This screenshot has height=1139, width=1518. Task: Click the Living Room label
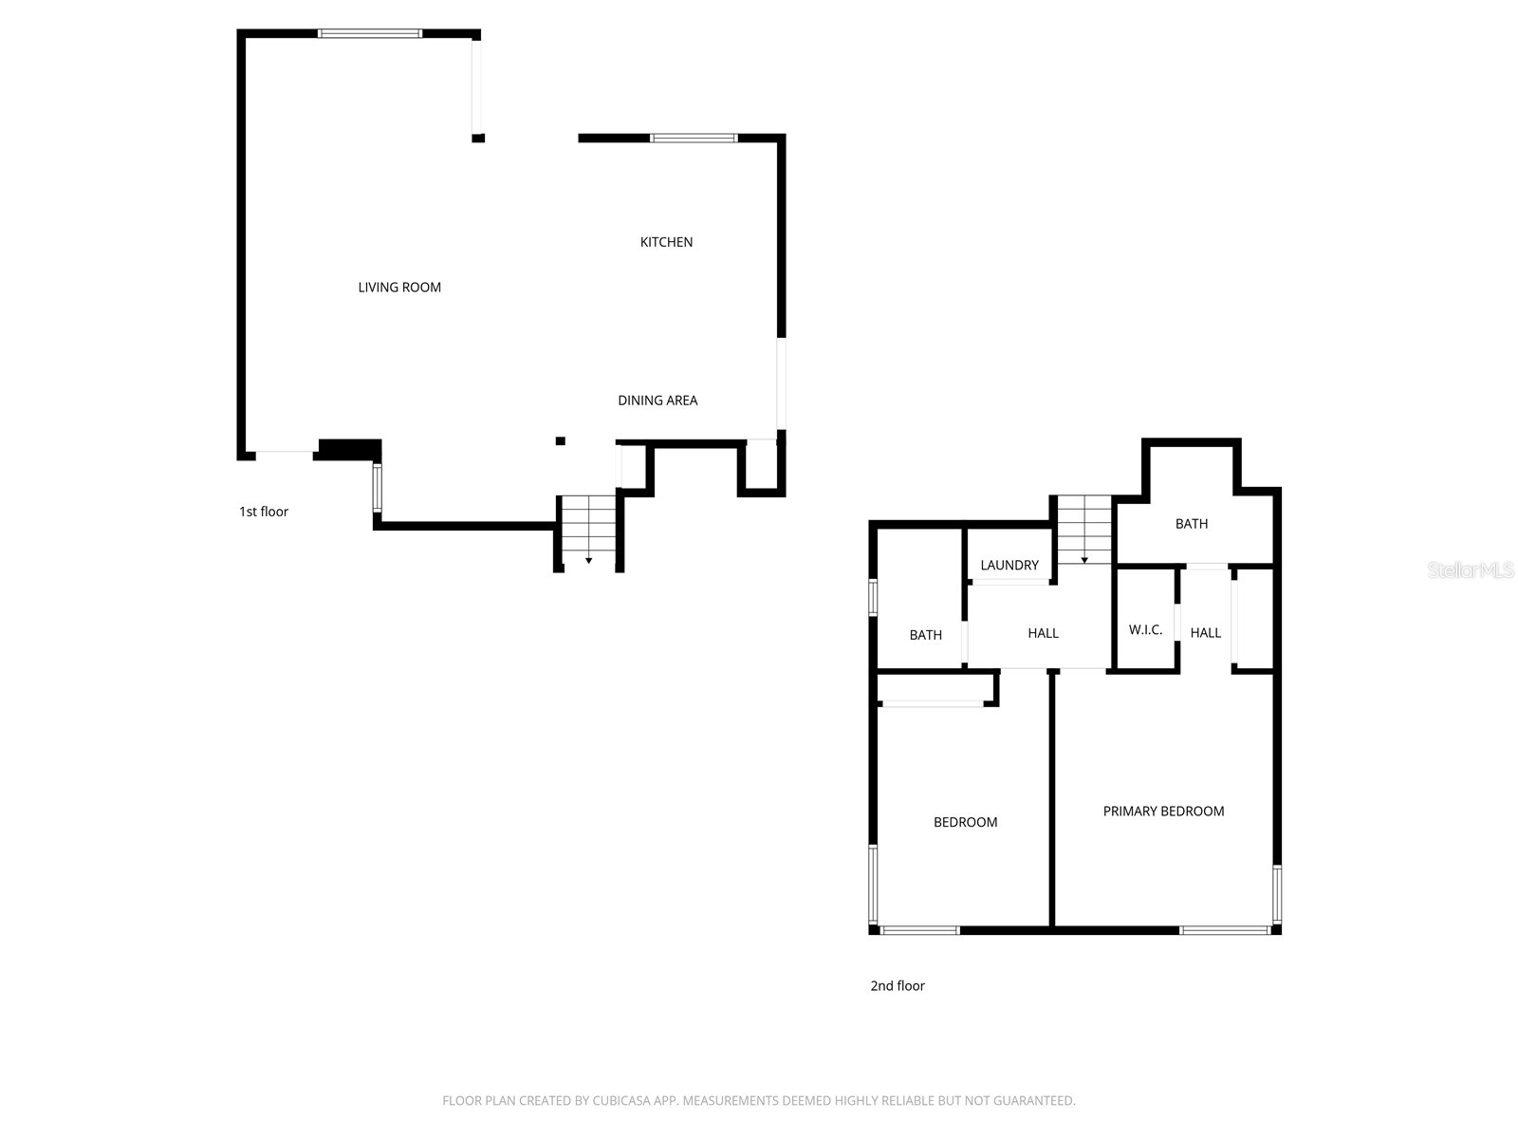399,288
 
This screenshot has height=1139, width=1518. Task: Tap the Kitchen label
666,242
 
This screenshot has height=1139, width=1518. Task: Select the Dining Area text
657,401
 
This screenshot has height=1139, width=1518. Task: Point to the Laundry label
1009,565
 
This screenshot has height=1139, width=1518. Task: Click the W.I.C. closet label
1145,630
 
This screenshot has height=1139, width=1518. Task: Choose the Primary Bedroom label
1163,812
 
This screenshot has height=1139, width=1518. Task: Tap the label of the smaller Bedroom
965,823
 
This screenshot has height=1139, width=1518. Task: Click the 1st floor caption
264,512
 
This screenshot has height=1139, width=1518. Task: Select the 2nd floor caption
898,986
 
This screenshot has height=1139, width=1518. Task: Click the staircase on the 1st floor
588,532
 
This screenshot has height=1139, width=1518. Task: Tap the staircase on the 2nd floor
1084,530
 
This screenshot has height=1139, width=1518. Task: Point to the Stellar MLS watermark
1470,570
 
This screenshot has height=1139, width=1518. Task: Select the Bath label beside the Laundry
925,635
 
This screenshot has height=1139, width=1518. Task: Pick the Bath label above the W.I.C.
1192,524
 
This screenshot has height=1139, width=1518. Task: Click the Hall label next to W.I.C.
1206,633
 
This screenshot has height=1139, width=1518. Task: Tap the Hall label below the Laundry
1043,633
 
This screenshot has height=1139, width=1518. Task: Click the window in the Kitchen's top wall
694,139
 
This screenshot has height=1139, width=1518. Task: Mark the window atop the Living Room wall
369,34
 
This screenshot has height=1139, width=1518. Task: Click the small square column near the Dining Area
561,441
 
